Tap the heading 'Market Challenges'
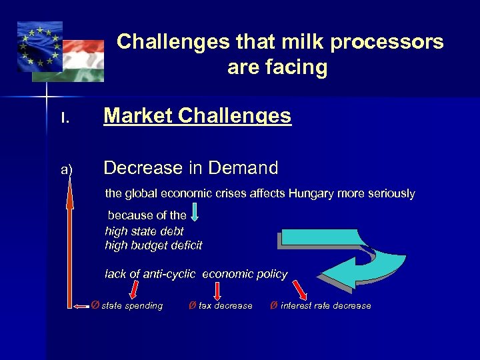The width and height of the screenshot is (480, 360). pyautogui.click(x=197, y=116)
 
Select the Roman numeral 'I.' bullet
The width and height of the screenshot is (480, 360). pyautogui.click(x=65, y=118)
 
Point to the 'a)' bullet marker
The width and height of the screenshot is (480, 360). pyautogui.click(x=67, y=169)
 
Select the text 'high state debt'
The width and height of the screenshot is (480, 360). pyautogui.click(x=144, y=231)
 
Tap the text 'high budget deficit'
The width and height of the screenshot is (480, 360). pyautogui.click(x=153, y=245)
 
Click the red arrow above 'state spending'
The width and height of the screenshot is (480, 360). pyautogui.click(x=133, y=289)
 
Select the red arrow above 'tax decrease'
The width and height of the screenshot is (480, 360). pyautogui.click(x=217, y=290)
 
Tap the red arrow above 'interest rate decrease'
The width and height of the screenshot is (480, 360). pyautogui.click(x=301, y=290)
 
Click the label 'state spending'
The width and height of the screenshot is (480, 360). pyautogui.click(x=132, y=306)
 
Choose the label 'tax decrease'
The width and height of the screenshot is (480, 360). pyautogui.click(x=225, y=306)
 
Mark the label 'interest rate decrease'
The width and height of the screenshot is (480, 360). pyautogui.click(x=325, y=306)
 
